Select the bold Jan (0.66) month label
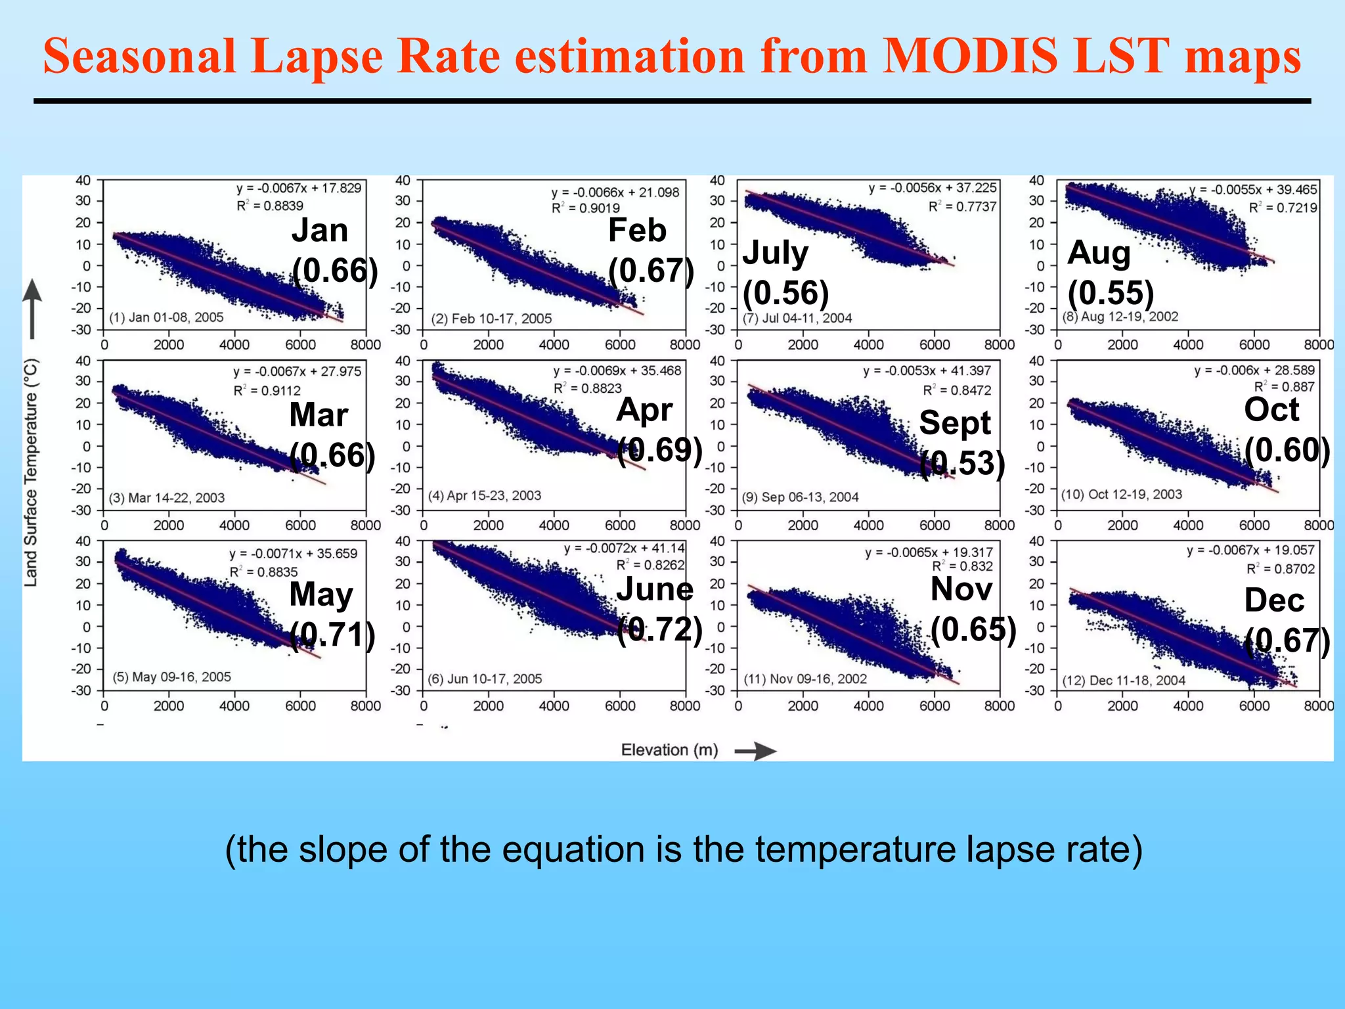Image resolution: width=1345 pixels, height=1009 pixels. [x=334, y=250]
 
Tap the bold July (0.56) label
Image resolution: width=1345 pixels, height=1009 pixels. [x=785, y=272]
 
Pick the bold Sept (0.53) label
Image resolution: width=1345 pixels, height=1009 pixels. [x=961, y=443]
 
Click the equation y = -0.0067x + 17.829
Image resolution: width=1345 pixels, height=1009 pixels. [x=299, y=189]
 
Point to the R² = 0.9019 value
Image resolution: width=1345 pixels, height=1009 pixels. [x=586, y=208]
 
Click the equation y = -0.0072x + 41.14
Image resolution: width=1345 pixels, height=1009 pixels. [x=624, y=549]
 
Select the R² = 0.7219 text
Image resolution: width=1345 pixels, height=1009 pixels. [x=1283, y=208]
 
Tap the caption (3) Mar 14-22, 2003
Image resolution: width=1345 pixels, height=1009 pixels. [x=167, y=498]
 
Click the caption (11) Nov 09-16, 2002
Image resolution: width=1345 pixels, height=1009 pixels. [x=805, y=679]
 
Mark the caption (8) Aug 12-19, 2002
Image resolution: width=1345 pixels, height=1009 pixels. [x=1120, y=317]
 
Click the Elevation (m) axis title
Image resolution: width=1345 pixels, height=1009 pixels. [x=669, y=750]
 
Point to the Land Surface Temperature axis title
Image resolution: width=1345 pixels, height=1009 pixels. [x=31, y=472]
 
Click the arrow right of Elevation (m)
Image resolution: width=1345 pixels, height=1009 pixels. [x=755, y=751]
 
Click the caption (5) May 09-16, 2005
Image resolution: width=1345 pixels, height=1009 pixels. [x=171, y=677]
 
